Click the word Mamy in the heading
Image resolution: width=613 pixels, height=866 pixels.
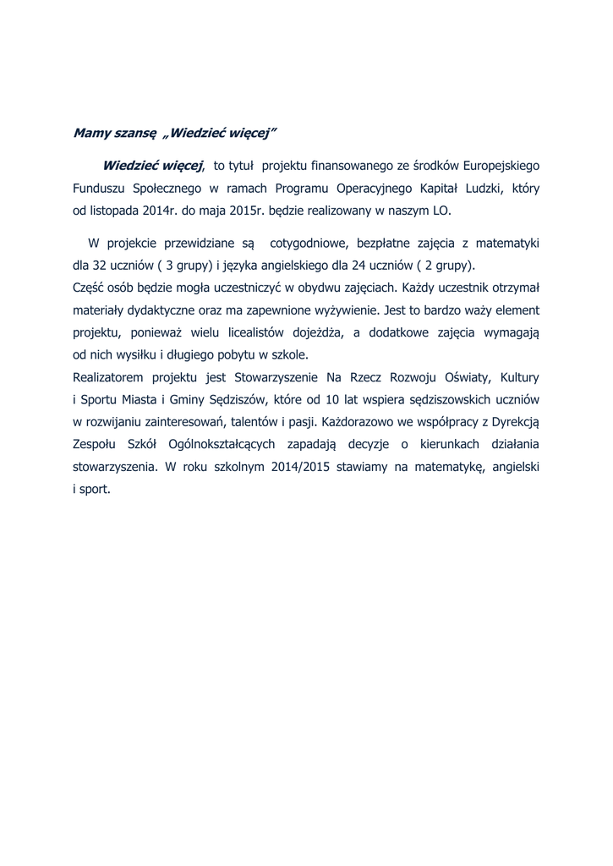tap(90, 133)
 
